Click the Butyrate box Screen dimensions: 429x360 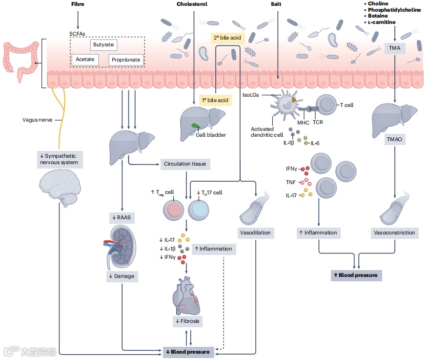pos(103,44)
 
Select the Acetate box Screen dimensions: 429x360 pos(85,60)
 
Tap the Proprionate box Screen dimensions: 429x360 pos(126,60)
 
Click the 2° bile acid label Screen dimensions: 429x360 pos(227,38)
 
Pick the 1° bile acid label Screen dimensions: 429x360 pos(215,100)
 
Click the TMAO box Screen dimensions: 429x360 pos(394,139)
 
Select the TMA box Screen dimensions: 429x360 pos(394,48)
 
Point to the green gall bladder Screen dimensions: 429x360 pos(195,126)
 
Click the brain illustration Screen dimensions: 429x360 pos(60,188)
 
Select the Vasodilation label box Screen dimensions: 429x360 pos(256,233)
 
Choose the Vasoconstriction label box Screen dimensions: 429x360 pos(394,233)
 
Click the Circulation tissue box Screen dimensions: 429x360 pos(185,164)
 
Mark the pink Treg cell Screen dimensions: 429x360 pos(173,210)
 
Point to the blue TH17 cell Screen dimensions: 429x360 pos(198,210)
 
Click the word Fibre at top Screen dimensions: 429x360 pos(78,4)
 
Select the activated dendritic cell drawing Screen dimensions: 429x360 pos(286,104)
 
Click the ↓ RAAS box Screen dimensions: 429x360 pos(122,218)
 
